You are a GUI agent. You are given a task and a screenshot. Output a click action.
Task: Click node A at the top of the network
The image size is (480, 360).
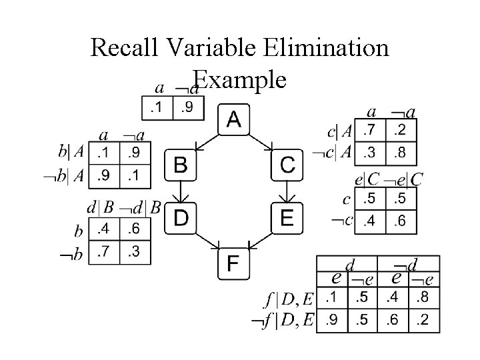coord(234,119)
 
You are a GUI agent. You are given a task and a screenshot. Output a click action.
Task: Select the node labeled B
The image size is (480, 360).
coord(181,165)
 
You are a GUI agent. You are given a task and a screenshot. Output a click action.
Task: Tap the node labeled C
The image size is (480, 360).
coord(287,165)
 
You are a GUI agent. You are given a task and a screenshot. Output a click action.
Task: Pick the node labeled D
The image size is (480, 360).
coord(181,217)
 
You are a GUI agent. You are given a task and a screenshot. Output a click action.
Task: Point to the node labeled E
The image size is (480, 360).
coord(287,217)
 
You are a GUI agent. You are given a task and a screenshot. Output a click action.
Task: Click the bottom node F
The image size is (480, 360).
coord(234,263)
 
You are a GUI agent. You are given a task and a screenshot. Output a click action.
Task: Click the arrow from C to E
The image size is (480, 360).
coord(287,191)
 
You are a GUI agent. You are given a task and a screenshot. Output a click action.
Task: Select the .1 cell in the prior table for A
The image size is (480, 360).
coord(157,107)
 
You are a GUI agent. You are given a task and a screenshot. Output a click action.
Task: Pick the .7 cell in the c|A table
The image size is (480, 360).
coord(371,129)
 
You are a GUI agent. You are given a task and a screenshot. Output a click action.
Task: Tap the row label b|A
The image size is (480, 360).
coord(71,151)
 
